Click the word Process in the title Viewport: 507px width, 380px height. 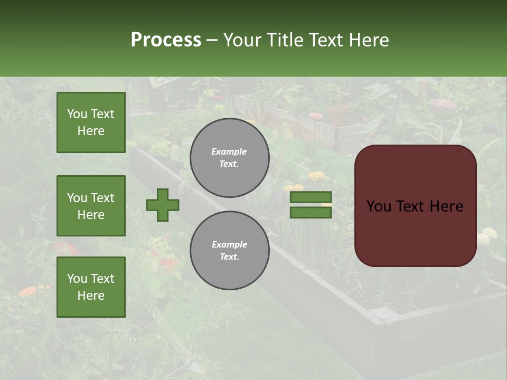166,40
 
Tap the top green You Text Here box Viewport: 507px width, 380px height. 91,122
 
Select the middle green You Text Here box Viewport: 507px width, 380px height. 91,206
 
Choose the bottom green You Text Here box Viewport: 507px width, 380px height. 91,287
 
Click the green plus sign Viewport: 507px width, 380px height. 163,205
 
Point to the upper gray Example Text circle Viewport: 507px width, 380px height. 229,158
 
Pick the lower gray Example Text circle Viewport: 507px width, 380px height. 229,251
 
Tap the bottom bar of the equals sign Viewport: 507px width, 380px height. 311,213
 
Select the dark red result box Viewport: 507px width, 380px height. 415,206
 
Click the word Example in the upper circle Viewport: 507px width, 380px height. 229,151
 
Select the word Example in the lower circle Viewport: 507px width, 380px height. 229,244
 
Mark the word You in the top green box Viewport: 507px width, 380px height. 77,114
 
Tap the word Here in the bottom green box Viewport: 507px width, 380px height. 91,296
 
